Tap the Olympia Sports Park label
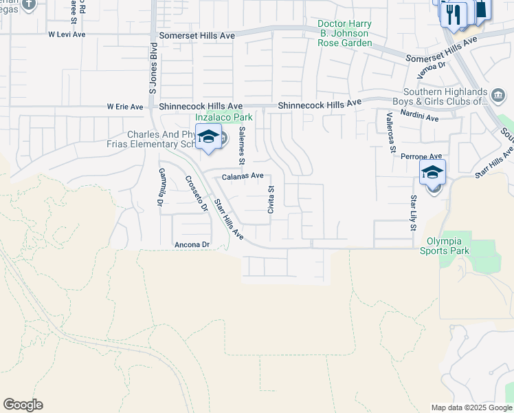pyautogui.click(x=444, y=246)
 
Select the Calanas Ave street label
pyautogui.click(x=243, y=176)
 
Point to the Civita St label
pyautogui.click(x=271, y=200)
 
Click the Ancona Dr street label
pyautogui.click(x=192, y=244)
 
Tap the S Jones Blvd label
pyautogui.click(x=153, y=68)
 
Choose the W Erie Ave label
pyautogui.click(x=125, y=107)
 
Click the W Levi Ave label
pyautogui.click(x=66, y=34)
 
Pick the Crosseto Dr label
pyautogui.click(x=196, y=193)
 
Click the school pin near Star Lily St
pyautogui.click(x=433, y=173)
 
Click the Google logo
pyautogui.click(x=23, y=405)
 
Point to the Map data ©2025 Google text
pyautogui.click(x=471, y=407)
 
